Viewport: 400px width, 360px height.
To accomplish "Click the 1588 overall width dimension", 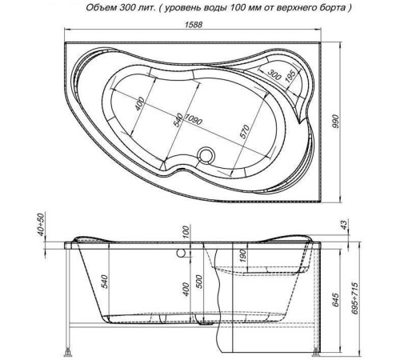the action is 194,24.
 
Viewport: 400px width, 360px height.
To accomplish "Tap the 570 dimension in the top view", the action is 245,131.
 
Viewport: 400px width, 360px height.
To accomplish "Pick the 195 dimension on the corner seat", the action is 291,76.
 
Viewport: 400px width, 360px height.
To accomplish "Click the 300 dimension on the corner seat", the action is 274,74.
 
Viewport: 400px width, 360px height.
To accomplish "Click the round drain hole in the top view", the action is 206,154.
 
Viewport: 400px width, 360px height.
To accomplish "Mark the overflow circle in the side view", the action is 182,253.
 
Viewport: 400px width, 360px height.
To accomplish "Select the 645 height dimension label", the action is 336,300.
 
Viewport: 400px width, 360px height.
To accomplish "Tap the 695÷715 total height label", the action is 354,298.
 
